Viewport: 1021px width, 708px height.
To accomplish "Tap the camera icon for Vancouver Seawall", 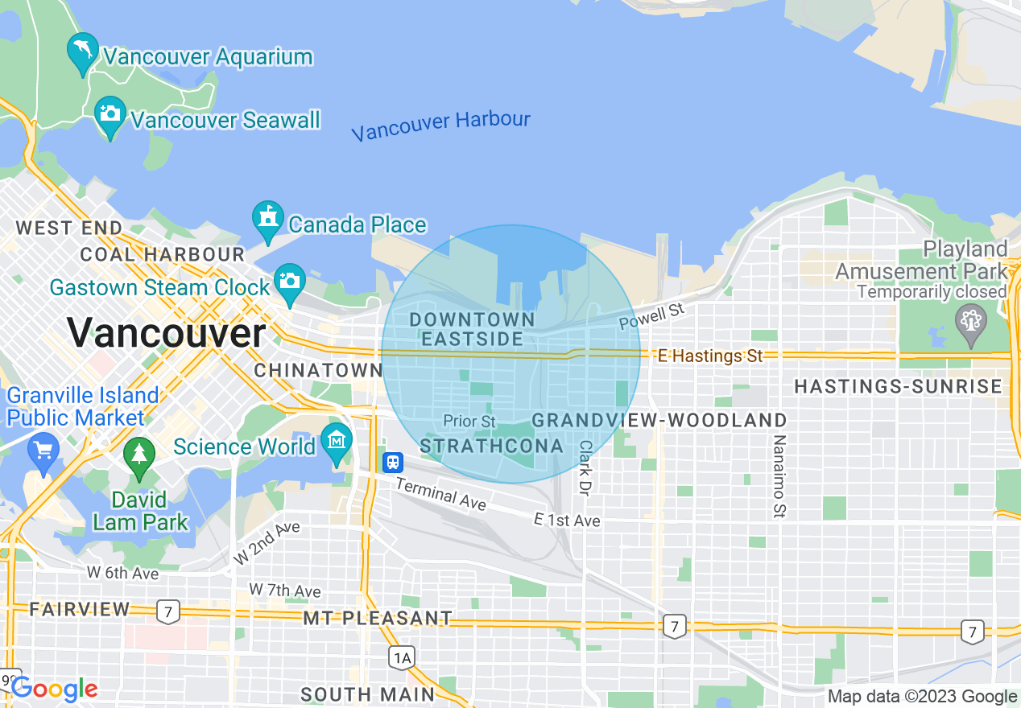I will click(x=110, y=114).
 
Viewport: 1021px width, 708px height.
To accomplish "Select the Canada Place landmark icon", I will click(x=267, y=218).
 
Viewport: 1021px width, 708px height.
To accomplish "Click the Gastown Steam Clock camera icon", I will click(x=289, y=281).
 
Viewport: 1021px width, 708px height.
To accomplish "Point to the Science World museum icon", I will click(x=336, y=440).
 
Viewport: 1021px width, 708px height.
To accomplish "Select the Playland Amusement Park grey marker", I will click(x=971, y=321).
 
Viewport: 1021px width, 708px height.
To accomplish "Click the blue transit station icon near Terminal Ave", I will click(x=392, y=462).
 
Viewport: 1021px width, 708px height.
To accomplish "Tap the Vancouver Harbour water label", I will click(x=440, y=126).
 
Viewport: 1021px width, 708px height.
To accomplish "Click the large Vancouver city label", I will click(x=166, y=332).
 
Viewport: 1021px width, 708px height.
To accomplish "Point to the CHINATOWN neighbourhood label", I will click(x=318, y=371).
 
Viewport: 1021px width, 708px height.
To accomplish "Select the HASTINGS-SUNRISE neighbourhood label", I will click(x=898, y=387).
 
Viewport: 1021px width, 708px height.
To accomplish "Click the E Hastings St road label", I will click(x=709, y=355).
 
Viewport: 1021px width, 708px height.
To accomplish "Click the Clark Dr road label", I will click(x=585, y=467).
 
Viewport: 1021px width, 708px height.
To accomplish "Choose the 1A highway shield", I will click(x=401, y=658).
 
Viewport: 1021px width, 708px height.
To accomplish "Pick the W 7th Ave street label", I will click(x=285, y=591).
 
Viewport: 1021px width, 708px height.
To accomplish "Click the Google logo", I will click(x=55, y=689).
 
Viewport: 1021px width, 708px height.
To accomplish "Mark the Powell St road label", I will click(x=651, y=315).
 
